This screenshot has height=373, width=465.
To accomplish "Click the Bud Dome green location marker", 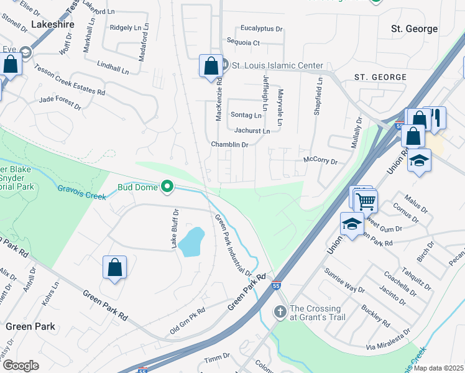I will [167, 186].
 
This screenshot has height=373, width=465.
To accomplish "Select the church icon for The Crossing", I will [280, 311].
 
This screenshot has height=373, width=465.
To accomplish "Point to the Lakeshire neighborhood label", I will [52, 24].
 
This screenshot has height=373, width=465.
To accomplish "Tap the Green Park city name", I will [30, 326].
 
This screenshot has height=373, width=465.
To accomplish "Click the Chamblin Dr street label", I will [229, 144].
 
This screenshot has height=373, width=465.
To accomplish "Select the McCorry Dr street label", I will [320, 161].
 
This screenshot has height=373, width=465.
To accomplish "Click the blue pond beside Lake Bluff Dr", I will [192, 242].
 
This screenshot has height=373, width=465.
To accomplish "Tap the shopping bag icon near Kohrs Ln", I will [114, 268].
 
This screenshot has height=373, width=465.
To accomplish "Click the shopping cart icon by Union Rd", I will [366, 201].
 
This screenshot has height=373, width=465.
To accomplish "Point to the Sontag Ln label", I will [246, 115].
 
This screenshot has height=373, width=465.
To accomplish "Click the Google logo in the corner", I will [21, 365].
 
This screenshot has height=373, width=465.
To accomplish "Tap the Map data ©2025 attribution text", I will [438, 368].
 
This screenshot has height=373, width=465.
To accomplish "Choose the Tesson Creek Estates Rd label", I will [70, 80].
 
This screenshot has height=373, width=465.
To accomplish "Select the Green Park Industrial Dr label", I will [233, 245].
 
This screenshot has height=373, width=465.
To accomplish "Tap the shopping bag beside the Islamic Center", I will [211, 65].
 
